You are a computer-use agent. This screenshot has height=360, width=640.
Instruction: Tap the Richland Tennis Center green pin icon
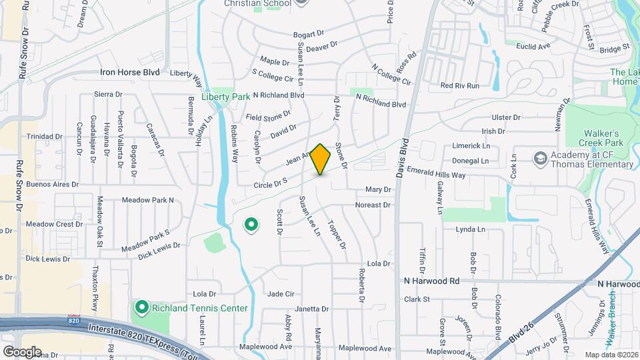(141, 307)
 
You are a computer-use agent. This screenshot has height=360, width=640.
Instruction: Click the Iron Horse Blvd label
(130, 72)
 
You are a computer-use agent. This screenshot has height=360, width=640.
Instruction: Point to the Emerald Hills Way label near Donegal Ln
(436, 175)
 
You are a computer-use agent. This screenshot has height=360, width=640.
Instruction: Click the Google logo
(21, 351)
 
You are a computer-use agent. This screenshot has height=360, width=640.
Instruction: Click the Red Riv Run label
(460, 85)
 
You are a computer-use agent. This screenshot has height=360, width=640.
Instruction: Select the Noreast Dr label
(373, 205)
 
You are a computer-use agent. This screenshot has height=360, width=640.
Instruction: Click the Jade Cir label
(281, 293)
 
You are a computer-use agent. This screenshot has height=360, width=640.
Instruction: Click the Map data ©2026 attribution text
(611, 354)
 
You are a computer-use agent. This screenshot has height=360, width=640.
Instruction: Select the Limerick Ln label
(471, 145)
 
